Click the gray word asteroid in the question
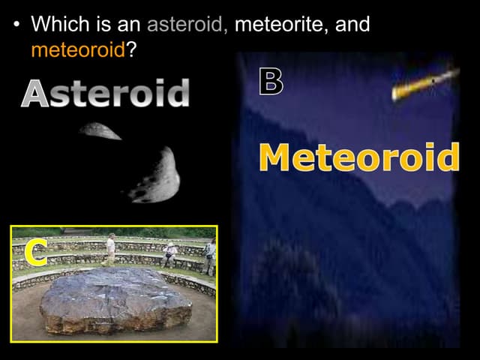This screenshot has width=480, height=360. (187, 25)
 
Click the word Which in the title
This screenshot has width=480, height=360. (61, 25)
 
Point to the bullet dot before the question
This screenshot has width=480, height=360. (16, 25)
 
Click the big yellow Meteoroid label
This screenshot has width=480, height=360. (358, 158)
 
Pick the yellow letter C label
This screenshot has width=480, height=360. (34, 253)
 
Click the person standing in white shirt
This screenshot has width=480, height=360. (111, 248)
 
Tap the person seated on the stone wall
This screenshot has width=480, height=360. (171, 253)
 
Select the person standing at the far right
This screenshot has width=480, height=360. (209, 255)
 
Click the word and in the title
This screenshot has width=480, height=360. (352, 25)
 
